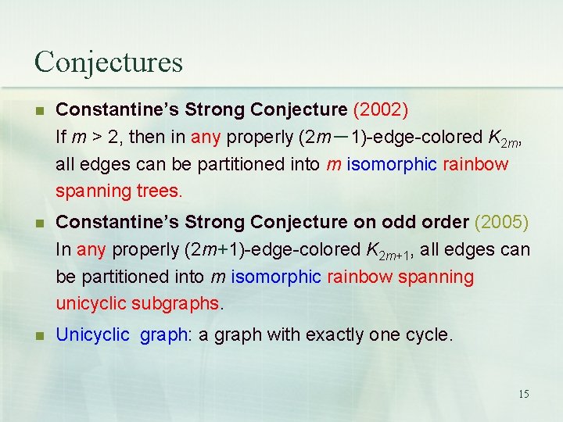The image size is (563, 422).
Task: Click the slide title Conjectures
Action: pos(109,62)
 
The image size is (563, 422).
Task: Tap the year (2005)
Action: pos(502,222)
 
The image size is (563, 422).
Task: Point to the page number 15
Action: pos(523,394)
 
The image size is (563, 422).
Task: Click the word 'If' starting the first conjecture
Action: pos(61,137)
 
